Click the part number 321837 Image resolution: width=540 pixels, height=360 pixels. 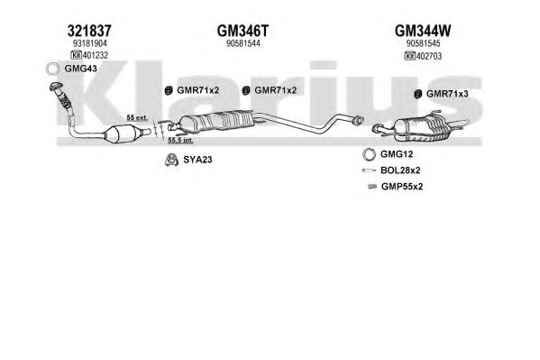pyautogui.click(x=89, y=31)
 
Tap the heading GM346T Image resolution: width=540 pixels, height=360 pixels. pyautogui.click(x=243, y=31)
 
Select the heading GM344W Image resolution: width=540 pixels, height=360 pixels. pyautogui.click(x=423, y=31)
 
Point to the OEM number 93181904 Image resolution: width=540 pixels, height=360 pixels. pyautogui.click(x=90, y=43)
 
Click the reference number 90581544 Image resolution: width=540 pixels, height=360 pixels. pyautogui.click(x=243, y=43)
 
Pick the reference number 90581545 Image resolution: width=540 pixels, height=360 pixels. pyautogui.click(x=423, y=43)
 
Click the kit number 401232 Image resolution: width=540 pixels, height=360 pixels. pyautogui.click(x=96, y=55)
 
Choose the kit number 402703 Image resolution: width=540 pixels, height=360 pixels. pyautogui.click(x=429, y=56)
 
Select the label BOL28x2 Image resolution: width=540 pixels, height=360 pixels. pyautogui.click(x=400, y=171)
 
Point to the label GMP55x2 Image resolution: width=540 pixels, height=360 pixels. pyautogui.click(x=402, y=187)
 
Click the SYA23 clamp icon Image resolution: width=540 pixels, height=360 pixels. pyautogui.click(x=170, y=160)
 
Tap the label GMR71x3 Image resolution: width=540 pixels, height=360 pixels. pyautogui.click(x=447, y=94)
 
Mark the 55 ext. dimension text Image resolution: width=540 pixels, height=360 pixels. pyautogui.click(x=137, y=117)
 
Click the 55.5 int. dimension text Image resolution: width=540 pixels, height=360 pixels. pyautogui.click(x=180, y=141)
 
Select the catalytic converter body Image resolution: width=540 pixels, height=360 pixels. pyautogui.click(x=123, y=134)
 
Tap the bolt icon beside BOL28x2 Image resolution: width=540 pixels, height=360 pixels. pyautogui.click(x=370, y=171)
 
